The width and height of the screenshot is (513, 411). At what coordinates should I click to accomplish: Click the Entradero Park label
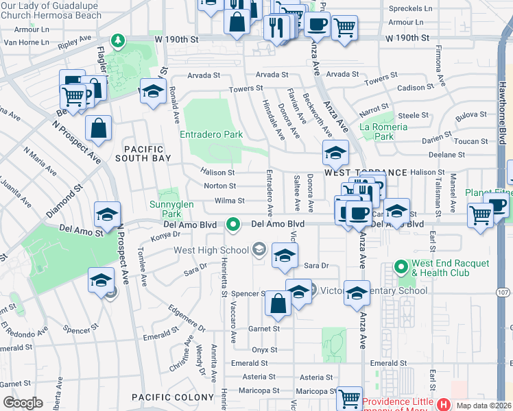tap(211, 135)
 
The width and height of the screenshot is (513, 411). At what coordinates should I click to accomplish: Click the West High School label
tap(211, 250)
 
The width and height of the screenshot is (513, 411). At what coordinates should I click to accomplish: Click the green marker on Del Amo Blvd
tap(233, 224)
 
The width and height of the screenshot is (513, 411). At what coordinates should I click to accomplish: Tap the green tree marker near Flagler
tap(118, 41)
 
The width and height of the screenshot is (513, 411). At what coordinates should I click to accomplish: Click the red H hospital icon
tap(443, 404)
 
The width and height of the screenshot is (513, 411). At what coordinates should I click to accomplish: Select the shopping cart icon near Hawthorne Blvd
tap(481, 215)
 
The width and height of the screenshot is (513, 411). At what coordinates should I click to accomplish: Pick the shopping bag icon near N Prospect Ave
tap(99, 127)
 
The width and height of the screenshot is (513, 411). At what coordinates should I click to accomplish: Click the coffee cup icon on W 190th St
tap(317, 25)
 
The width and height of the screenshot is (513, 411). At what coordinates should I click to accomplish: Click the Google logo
tap(23, 403)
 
